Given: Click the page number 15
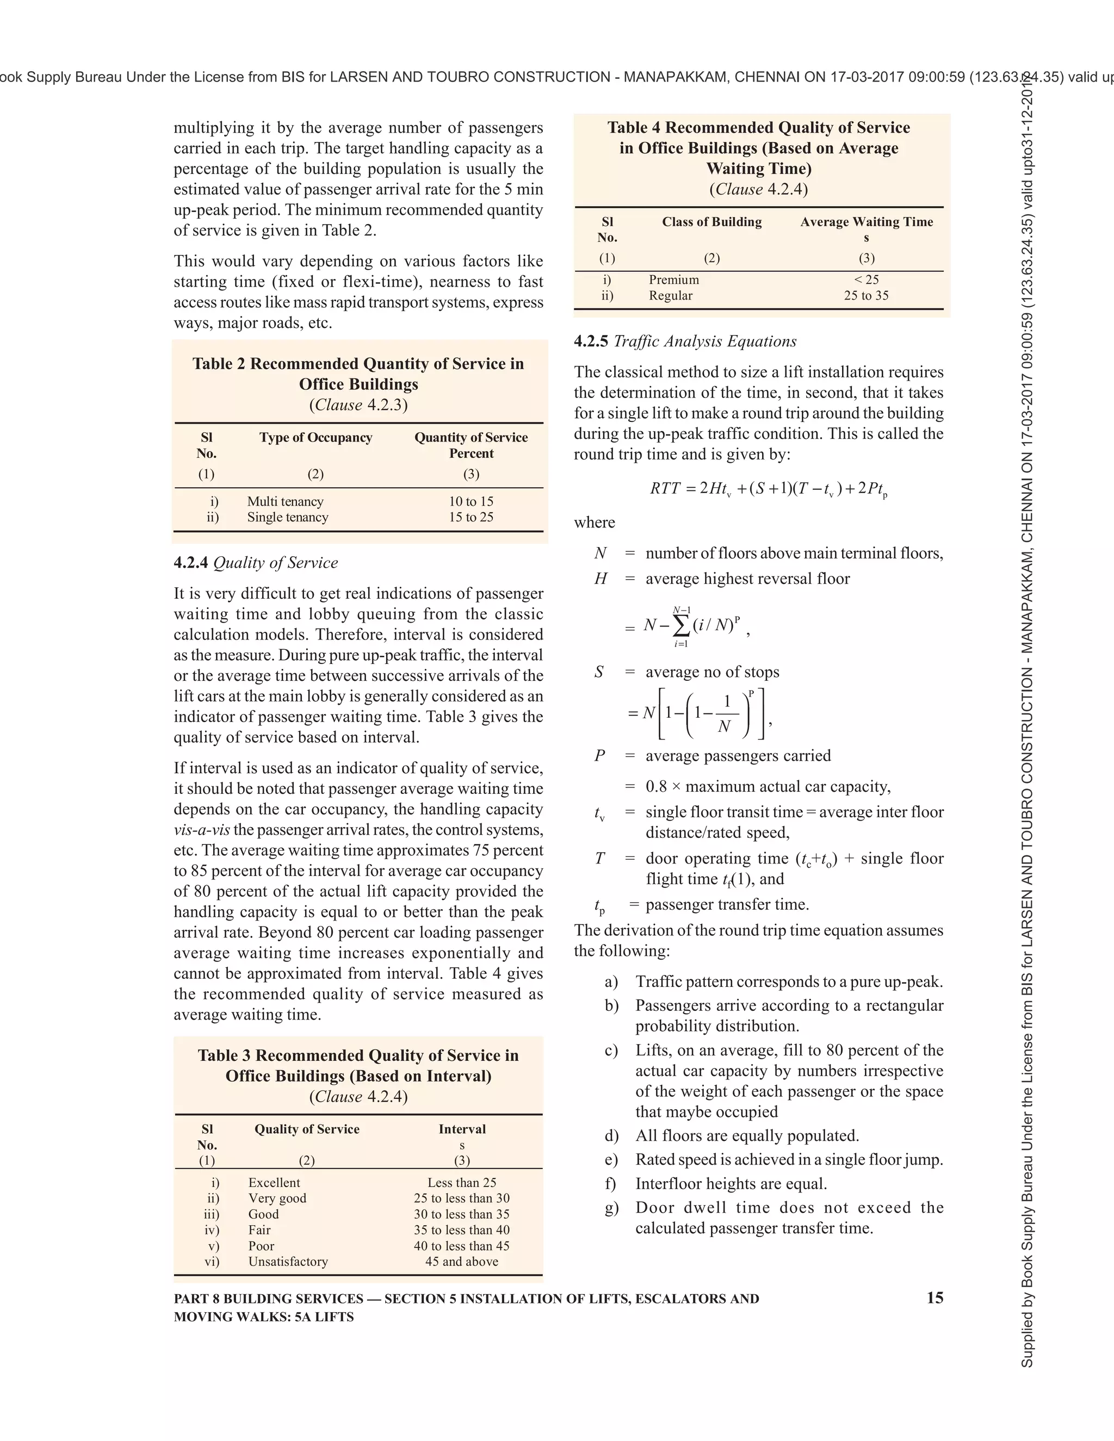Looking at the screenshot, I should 934,1298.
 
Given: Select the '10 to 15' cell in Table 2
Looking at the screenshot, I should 471,501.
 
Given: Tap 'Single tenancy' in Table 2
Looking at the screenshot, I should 288,517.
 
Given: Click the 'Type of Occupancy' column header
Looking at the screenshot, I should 315,437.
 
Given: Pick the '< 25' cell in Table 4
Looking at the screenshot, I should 866,279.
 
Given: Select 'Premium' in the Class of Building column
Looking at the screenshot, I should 673,279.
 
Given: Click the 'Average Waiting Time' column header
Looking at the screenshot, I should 866,222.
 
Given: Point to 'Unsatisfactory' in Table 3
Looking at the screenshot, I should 288,1262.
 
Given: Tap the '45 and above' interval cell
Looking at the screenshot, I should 461,1262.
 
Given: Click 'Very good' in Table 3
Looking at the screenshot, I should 277,1198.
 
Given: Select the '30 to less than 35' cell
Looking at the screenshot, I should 461,1214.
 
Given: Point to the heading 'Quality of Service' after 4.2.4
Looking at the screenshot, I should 275,563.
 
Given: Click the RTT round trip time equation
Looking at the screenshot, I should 768,489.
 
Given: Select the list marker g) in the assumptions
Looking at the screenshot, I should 611,1208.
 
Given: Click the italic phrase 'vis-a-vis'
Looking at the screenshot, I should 202,830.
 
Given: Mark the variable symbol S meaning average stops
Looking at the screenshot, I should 598,672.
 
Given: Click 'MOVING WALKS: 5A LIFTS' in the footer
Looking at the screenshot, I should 263,1317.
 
